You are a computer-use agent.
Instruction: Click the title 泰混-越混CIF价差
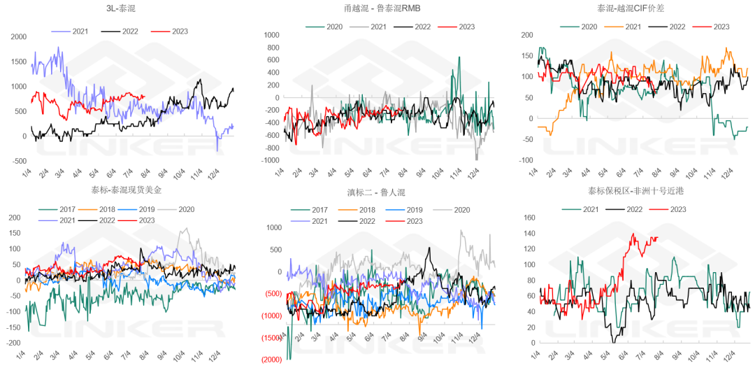tap(629, 9)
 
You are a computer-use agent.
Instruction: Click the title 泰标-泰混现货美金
tap(121, 190)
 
